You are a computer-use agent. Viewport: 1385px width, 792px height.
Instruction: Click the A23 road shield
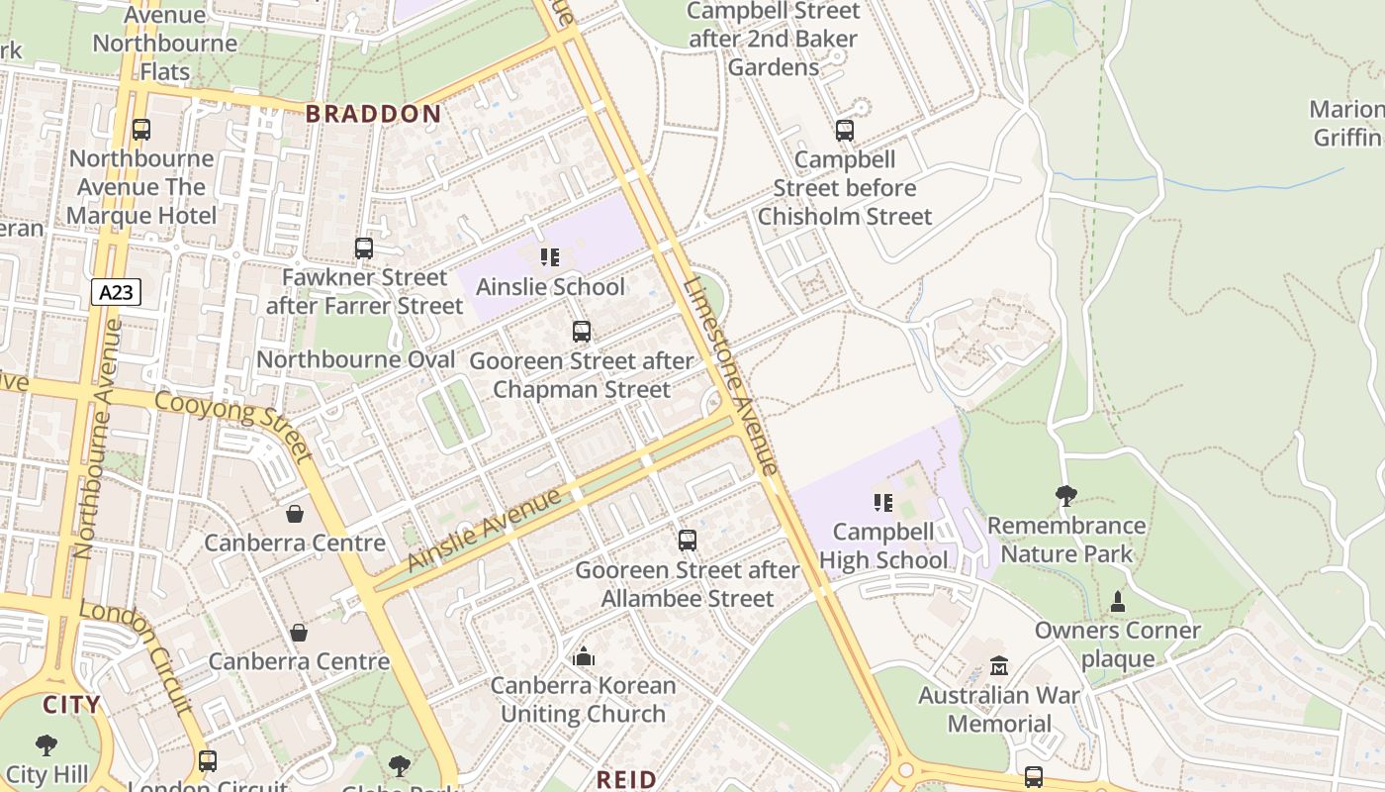117,292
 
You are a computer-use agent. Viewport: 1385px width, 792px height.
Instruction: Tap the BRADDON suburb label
373,114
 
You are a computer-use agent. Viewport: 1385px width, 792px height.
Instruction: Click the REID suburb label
626,779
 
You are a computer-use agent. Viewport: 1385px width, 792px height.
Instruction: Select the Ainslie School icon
550,258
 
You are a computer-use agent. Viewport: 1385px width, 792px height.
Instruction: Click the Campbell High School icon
883,503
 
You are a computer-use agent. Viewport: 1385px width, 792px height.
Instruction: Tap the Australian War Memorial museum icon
999,666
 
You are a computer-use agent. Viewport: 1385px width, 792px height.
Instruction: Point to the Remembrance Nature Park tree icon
1065,496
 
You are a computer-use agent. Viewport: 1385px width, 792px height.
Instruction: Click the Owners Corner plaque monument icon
1118,601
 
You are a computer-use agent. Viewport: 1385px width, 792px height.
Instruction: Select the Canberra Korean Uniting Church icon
584,656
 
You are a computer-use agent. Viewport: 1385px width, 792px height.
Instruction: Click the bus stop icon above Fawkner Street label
364,248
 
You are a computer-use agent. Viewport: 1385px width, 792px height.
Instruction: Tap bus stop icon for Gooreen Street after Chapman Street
582,332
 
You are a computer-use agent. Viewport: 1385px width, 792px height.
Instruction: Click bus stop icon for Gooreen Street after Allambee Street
688,541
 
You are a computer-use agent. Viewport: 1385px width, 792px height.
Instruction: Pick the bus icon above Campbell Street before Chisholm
844,131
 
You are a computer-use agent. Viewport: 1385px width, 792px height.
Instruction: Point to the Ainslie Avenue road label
485,530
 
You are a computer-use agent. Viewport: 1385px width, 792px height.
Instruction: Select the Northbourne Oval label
356,359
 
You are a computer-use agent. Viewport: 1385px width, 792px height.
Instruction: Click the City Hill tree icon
46,744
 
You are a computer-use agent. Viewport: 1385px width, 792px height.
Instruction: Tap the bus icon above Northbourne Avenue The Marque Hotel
141,130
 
